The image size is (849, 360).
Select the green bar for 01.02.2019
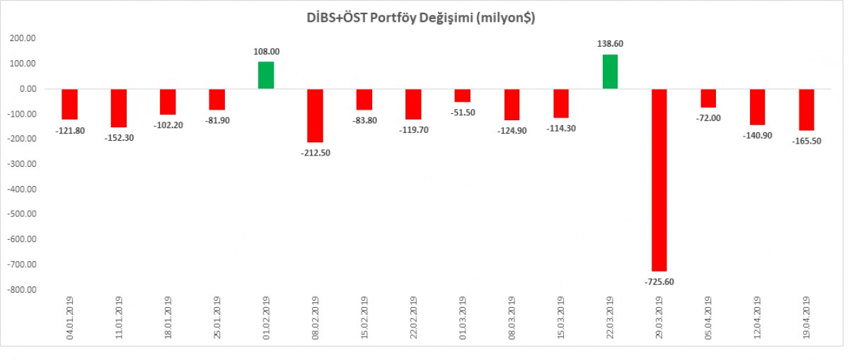266,75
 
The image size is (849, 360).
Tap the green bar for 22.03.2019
610,71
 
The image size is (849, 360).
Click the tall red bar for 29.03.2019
659,180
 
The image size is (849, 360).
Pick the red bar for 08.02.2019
315,115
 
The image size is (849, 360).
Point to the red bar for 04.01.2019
69,104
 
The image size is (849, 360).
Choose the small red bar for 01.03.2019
462,95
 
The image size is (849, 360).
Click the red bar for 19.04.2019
807,110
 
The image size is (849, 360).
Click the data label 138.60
610,44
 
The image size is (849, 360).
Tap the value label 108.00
266,52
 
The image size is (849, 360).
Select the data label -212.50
315,153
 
